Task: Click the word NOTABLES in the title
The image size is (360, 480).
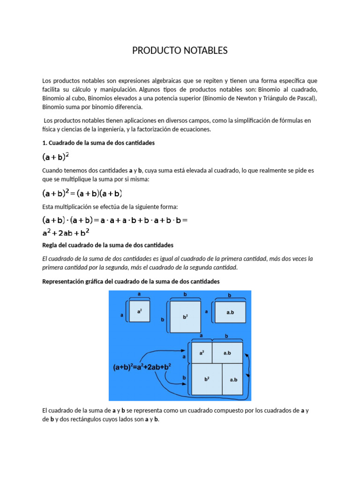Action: (x=202, y=51)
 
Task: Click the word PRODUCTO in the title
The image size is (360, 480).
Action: (x=154, y=51)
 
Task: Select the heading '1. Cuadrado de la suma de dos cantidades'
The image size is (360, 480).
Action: (x=98, y=142)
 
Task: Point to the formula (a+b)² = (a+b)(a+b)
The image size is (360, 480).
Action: (x=82, y=193)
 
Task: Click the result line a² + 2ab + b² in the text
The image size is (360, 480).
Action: (x=66, y=232)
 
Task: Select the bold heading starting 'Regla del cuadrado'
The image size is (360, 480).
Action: (x=108, y=245)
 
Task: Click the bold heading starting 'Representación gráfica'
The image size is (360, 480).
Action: (x=131, y=281)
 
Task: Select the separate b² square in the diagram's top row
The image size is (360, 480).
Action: (x=185, y=317)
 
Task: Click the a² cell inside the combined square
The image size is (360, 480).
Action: (x=201, y=352)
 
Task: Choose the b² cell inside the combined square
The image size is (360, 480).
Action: (x=206, y=379)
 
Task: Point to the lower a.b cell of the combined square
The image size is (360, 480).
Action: (x=233, y=379)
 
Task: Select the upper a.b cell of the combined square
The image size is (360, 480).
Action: (x=227, y=352)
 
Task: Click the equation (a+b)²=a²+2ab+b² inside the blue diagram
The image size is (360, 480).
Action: (x=142, y=368)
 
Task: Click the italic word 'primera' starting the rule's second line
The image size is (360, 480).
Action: (x=53, y=268)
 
